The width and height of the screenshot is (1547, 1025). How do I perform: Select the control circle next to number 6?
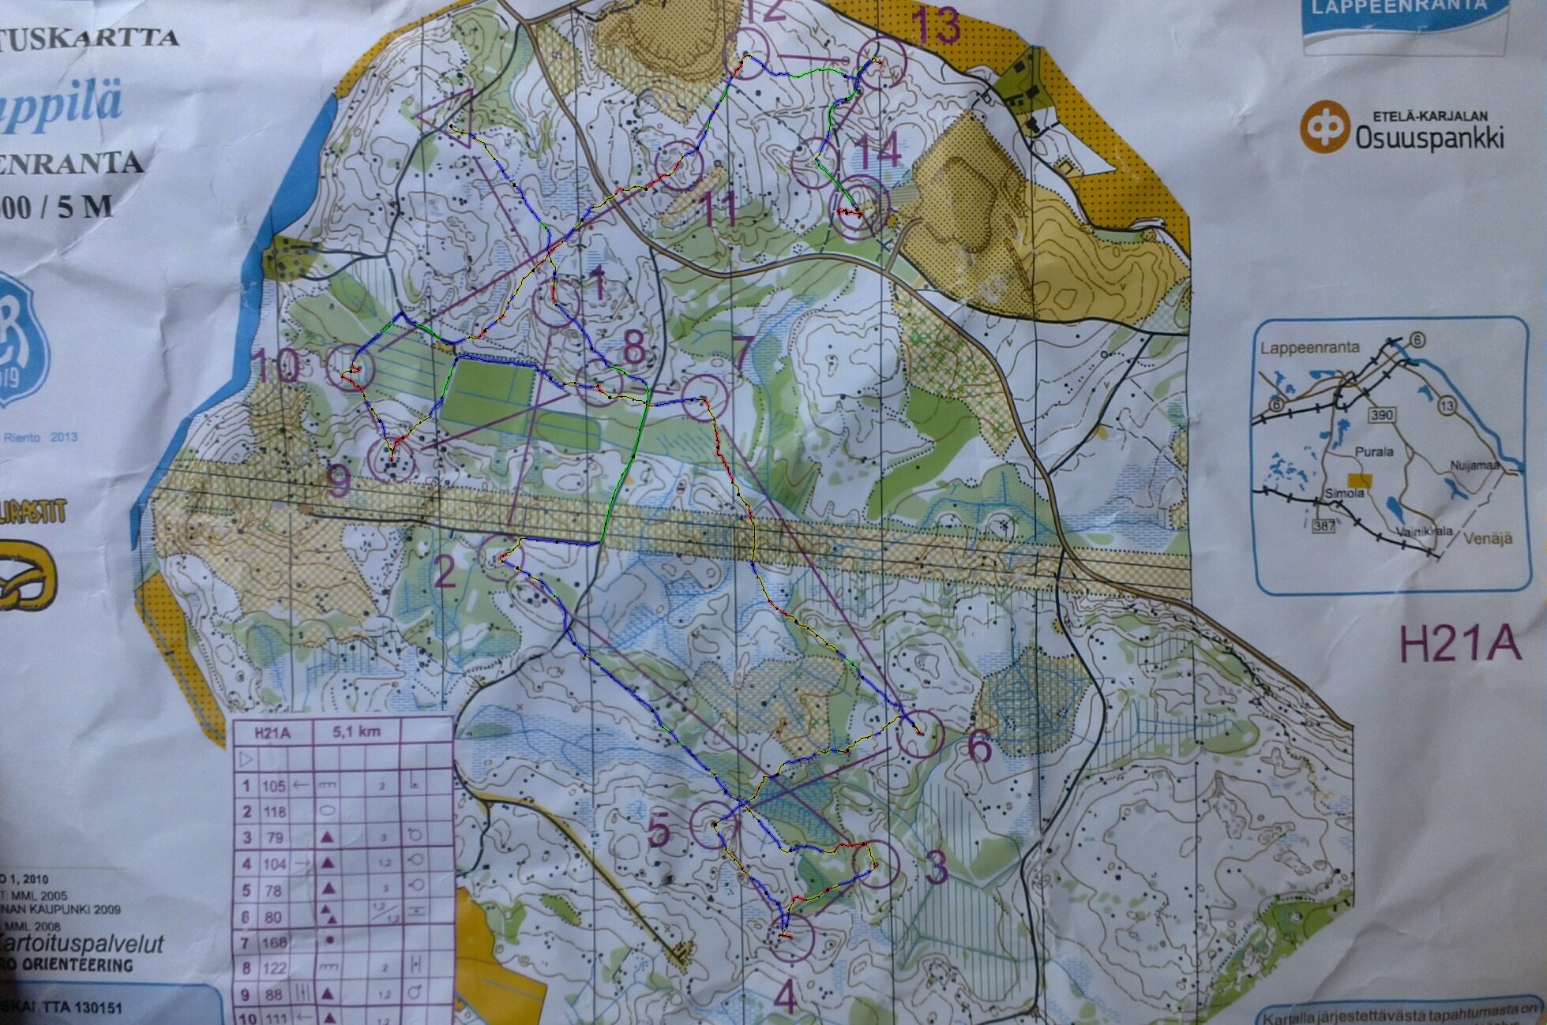click(x=920, y=734)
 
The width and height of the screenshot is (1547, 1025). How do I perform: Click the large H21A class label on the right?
click(x=1459, y=643)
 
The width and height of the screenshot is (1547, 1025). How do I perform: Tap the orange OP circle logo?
click(x=1324, y=126)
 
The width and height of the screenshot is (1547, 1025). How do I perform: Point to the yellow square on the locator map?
click(x=1359, y=480)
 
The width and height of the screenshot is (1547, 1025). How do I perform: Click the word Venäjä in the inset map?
click(x=1488, y=538)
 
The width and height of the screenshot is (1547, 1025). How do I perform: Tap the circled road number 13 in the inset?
click(x=1446, y=406)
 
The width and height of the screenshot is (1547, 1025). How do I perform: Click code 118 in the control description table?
click(x=274, y=812)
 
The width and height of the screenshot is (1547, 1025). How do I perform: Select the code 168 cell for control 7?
click(x=274, y=942)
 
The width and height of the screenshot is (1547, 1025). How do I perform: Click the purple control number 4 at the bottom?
click(x=785, y=997)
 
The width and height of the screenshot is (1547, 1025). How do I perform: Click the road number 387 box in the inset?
click(x=1324, y=526)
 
